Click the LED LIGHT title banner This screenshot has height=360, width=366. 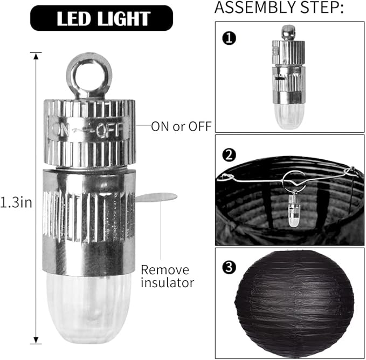101,18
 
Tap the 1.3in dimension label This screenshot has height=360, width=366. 16,202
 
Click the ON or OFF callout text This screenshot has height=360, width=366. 181,126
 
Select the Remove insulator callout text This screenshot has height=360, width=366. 167,276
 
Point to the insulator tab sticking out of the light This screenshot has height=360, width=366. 156,198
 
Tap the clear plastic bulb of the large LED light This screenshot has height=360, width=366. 89,306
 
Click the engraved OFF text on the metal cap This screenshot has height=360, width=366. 109,130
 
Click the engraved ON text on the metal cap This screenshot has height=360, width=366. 61,130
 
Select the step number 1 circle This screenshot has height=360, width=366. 229,38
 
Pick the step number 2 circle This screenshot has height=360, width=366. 229,155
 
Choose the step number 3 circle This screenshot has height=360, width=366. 229,267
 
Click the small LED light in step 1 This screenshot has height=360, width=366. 289,77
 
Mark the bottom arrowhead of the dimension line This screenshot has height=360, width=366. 36,341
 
